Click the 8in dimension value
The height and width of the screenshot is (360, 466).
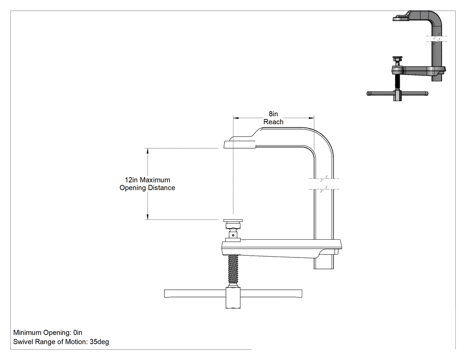[273, 114]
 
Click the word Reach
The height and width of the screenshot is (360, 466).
[273, 122]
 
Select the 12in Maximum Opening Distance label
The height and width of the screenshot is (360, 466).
[147, 184]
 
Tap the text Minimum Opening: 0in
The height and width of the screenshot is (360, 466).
[47, 332]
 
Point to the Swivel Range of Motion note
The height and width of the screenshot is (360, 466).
[61, 342]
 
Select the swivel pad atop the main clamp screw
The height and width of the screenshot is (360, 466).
[233, 221]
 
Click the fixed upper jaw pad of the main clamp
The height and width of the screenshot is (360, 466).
[240, 145]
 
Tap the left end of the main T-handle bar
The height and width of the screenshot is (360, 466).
[165, 293]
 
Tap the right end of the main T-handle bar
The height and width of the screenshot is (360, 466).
[301, 293]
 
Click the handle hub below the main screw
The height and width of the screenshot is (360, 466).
[233, 297]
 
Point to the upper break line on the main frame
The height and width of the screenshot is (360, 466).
[324, 179]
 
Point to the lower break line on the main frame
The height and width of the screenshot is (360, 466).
[324, 189]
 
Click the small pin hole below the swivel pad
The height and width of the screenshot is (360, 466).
[233, 235]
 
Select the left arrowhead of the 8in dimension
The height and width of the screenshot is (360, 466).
[236, 118]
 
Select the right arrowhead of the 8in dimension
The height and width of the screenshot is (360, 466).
[312, 118]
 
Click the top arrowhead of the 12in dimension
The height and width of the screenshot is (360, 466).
[147, 151]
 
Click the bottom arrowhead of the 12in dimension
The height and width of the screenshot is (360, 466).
[147, 217]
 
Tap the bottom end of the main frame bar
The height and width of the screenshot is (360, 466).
[324, 269]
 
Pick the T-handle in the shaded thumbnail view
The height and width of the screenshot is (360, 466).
[397, 94]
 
